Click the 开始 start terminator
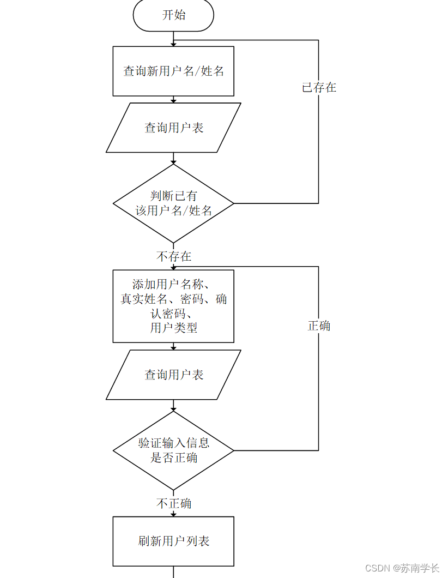point(173,15)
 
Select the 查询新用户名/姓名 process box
point(173,71)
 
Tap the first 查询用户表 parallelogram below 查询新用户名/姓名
point(173,128)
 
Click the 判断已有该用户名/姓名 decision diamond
point(173,203)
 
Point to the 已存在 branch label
point(319,87)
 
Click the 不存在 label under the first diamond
point(174,256)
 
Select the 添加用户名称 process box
point(173,306)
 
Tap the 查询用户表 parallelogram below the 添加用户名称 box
point(173,375)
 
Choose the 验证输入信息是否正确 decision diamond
point(173,450)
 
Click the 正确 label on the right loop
point(319,326)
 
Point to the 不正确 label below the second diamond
point(174,503)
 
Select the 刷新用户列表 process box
point(173,541)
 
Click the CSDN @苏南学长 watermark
point(402,568)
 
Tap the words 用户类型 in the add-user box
point(173,328)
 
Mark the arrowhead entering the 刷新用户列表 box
point(173,514)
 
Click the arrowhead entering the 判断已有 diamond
point(173,161)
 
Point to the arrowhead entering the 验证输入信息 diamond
point(173,408)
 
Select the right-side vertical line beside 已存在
point(318,142)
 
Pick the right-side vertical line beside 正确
point(318,382)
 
